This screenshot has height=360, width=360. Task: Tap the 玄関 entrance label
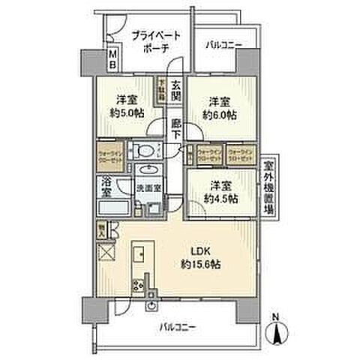click(x=175, y=92)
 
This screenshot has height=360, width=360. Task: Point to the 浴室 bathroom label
click(x=108, y=186)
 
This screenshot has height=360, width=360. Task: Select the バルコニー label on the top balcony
click(x=223, y=46)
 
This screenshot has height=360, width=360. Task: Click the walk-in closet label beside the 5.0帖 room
click(x=109, y=159)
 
